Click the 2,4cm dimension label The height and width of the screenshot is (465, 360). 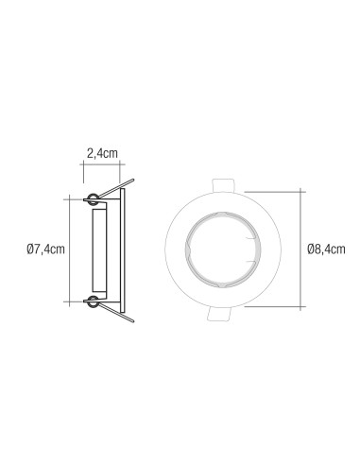[102, 153]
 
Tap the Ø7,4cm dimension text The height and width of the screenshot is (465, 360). [46, 250]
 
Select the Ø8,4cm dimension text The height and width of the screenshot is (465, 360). [326, 250]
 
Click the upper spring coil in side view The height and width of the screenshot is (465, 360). [93, 199]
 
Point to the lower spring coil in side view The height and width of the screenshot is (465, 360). [93, 301]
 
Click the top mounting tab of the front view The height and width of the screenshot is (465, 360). [223, 185]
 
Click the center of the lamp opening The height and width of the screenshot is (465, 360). [223, 250]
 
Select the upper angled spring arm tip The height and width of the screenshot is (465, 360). [133, 181]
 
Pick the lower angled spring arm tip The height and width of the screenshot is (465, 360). [133, 321]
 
